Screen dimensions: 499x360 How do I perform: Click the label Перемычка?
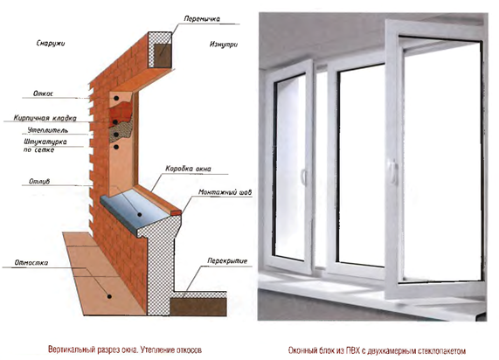[202, 18]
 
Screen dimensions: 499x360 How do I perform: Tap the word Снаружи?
[51, 43]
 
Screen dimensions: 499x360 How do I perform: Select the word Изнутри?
[224, 45]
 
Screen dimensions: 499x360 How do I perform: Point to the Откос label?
[43, 93]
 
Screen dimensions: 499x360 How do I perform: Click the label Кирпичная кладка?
[45, 118]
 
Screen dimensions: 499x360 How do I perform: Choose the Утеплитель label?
[48, 130]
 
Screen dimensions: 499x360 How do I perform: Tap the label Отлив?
[39, 182]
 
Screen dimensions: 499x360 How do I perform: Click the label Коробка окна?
[188, 169]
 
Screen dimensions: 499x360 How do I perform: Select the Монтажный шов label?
[225, 192]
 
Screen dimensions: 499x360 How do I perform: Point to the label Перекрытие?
[227, 260]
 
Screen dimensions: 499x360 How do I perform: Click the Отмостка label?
[31, 263]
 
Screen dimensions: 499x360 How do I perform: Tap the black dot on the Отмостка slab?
[109, 296]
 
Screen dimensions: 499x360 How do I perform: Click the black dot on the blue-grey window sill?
[140, 215]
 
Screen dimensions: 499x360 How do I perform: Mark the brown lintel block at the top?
[163, 55]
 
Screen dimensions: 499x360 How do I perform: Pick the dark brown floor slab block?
[198, 307]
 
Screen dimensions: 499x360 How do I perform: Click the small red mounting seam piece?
[177, 212]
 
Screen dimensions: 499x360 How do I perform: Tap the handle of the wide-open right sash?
[393, 172]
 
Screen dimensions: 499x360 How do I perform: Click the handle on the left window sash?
[303, 177]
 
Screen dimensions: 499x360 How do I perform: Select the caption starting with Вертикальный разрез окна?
[125, 350]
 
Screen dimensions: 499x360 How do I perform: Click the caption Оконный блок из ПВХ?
[378, 350]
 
